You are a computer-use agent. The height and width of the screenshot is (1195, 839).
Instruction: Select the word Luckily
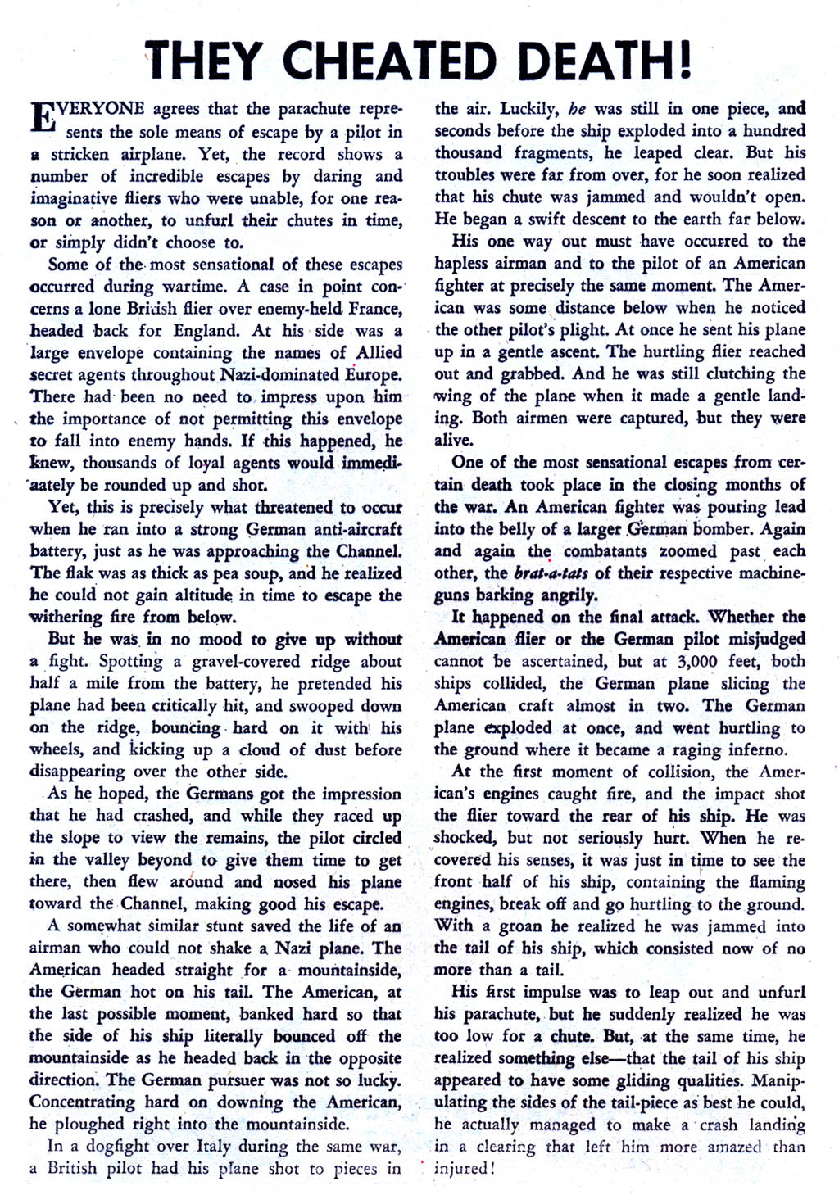pos(529,108)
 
